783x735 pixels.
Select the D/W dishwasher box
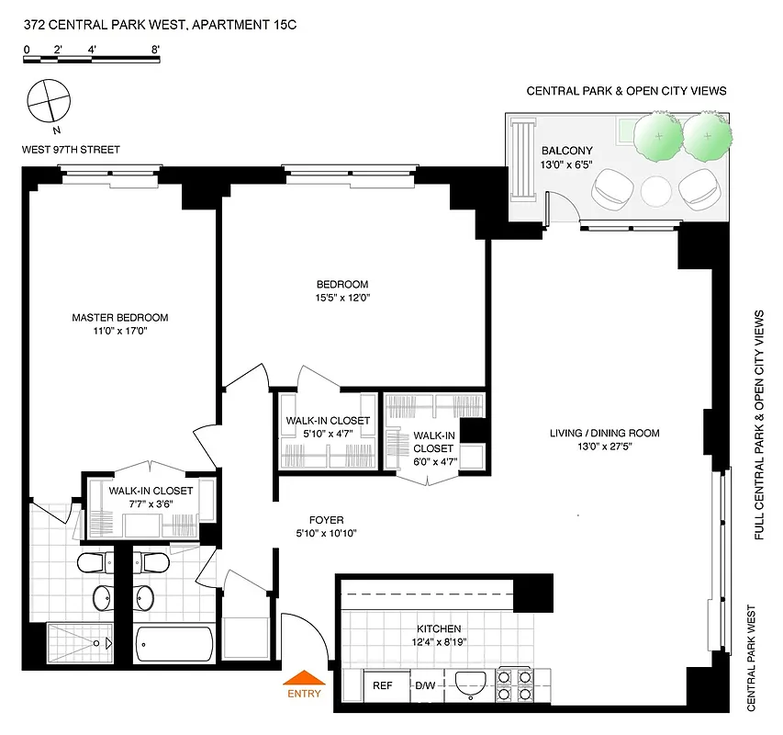pos(425,685)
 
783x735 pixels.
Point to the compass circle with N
pos(47,101)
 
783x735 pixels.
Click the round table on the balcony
pos(657,191)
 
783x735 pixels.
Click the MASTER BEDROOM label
pos(120,318)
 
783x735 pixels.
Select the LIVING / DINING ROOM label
pos(604,434)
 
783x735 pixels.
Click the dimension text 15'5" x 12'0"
pos(343,298)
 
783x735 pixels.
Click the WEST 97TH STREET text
pos(72,149)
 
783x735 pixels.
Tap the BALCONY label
pos(566,152)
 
